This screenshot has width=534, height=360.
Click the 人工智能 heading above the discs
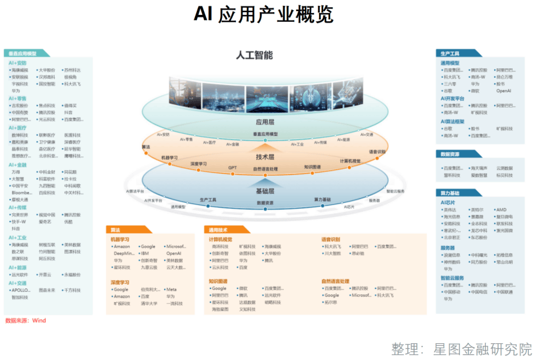[254, 56]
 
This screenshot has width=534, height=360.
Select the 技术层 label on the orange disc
[265, 156]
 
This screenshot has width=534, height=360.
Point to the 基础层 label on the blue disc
[265, 191]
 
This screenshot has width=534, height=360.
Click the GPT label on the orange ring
[232, 168]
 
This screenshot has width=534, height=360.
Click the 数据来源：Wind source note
[26, 320]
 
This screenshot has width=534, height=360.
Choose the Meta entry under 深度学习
[170, 289]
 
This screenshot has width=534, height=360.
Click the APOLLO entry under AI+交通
[21, 290]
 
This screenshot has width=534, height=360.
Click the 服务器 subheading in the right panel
[448, 247]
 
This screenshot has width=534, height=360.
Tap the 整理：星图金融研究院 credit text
[461, 350]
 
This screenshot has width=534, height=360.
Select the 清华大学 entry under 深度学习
[149, 303]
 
